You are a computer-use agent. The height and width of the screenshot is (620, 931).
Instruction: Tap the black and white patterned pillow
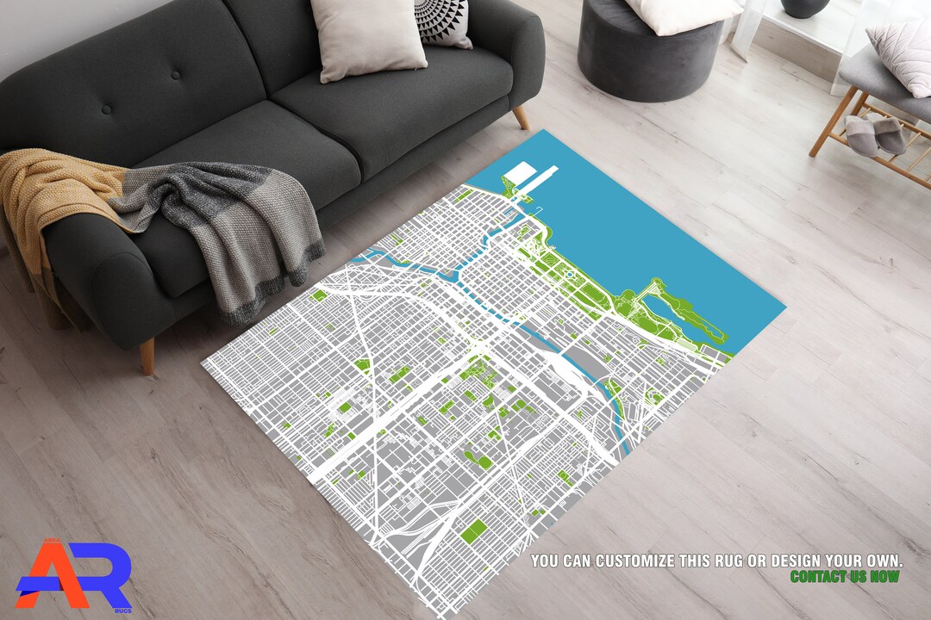(444, 22)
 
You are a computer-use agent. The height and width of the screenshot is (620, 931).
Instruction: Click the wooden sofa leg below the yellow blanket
(147, 356)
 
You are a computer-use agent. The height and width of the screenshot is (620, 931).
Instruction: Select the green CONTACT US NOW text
(844, 576)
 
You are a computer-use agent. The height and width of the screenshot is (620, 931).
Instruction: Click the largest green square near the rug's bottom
(474, 531)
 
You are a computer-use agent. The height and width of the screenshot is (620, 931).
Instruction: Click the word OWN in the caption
(886, 561)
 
